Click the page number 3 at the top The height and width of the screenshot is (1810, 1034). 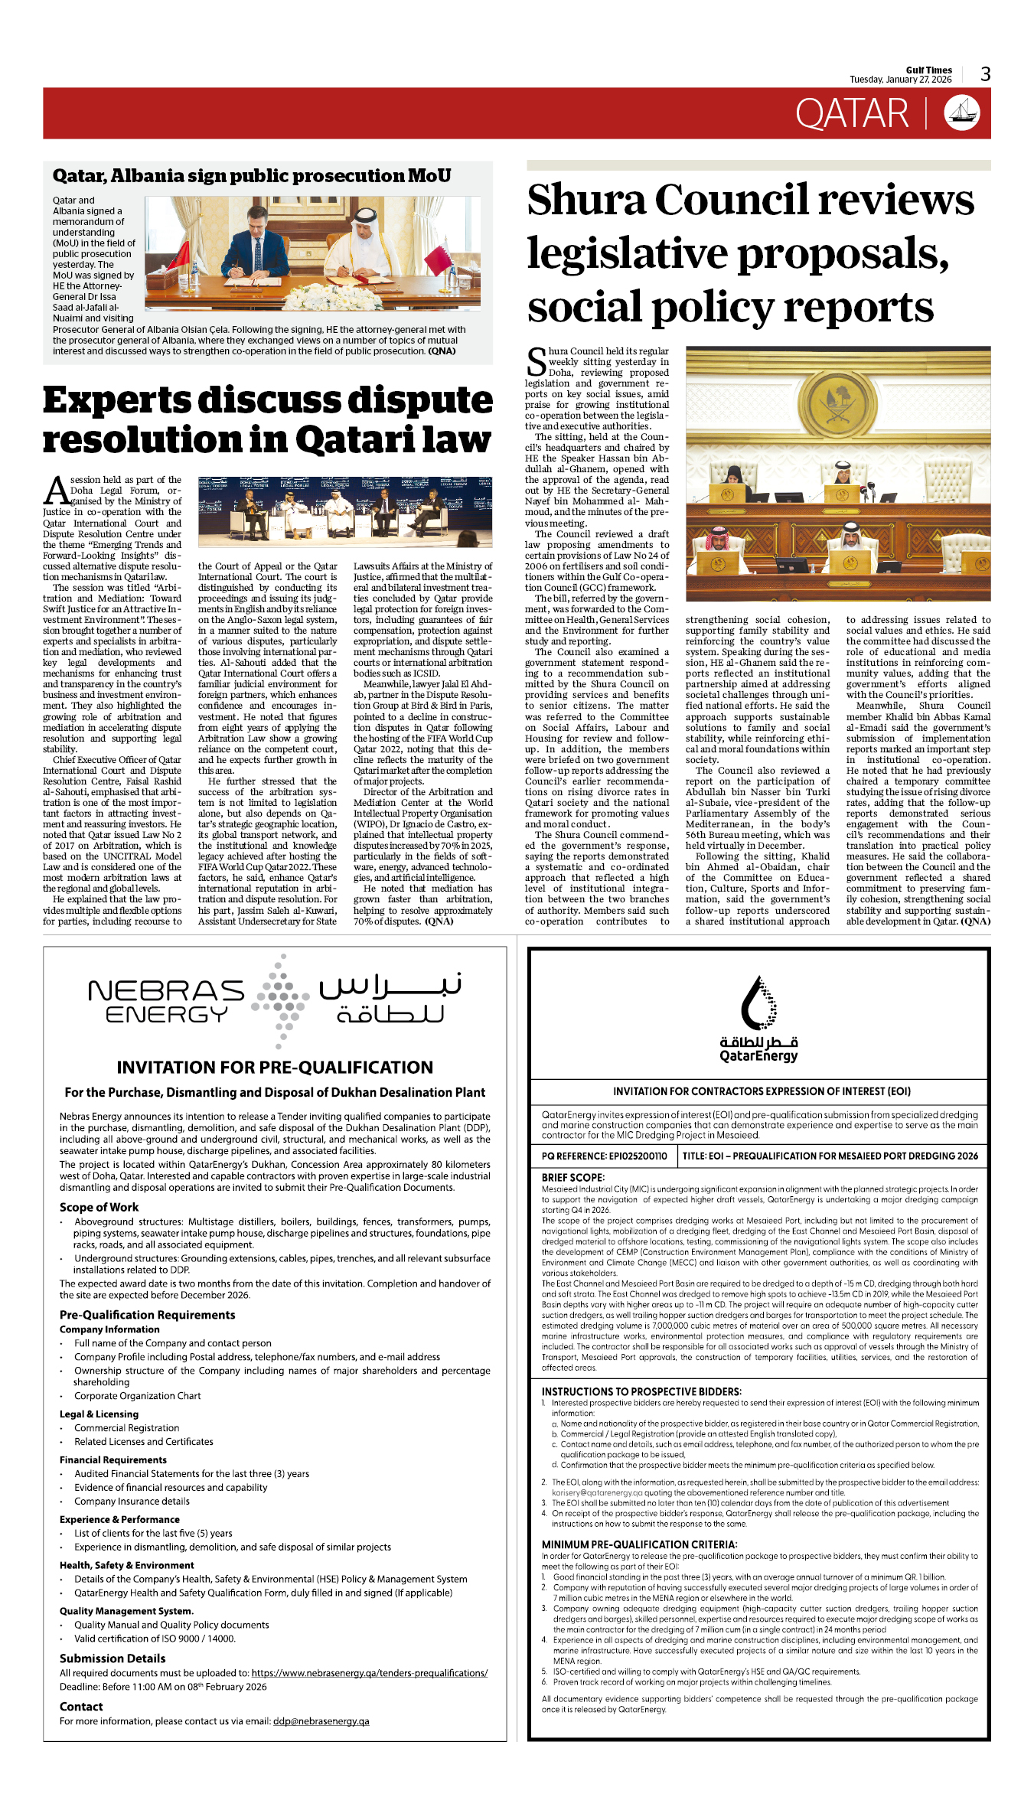click(985, 74)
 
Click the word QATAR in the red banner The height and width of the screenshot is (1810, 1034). click(851, 114)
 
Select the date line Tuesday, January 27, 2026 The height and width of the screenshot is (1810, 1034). click(900, 80)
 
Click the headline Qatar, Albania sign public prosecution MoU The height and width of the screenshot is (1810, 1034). click(252, 176)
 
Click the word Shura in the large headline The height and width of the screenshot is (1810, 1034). click(585, 201)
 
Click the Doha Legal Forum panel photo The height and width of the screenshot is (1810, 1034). click(344, 511)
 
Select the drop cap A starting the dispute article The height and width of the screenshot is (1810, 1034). click(56, 491)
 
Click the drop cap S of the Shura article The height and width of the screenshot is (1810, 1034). click(537, 362)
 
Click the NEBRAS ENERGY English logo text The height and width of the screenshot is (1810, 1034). click(166, 1002)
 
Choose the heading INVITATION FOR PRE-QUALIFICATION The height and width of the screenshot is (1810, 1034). click(275, 1067)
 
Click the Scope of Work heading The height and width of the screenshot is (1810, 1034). click(99, 1207)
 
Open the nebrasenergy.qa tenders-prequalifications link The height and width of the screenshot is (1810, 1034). click(369, 1673)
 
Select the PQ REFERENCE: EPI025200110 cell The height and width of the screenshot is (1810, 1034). click(604, 1156)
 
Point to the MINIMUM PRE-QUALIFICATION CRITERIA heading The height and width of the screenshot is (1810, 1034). click(639, 1544)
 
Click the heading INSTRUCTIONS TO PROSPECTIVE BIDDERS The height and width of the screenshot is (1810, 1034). click(641, 1391)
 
